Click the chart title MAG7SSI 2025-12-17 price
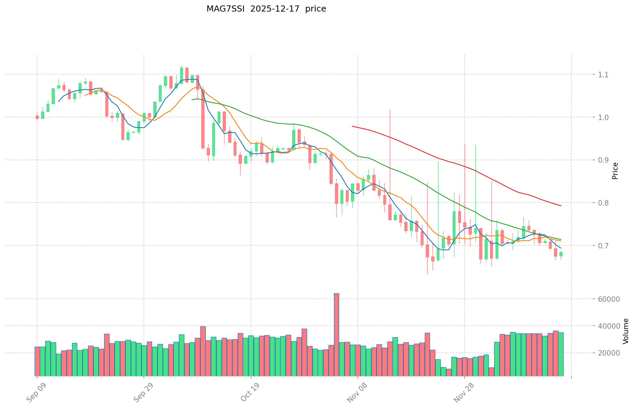266,9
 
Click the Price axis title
615,171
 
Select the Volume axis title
626,331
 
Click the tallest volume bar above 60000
336,334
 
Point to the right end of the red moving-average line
561,206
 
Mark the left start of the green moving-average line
192,100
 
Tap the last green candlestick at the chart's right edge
561,254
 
